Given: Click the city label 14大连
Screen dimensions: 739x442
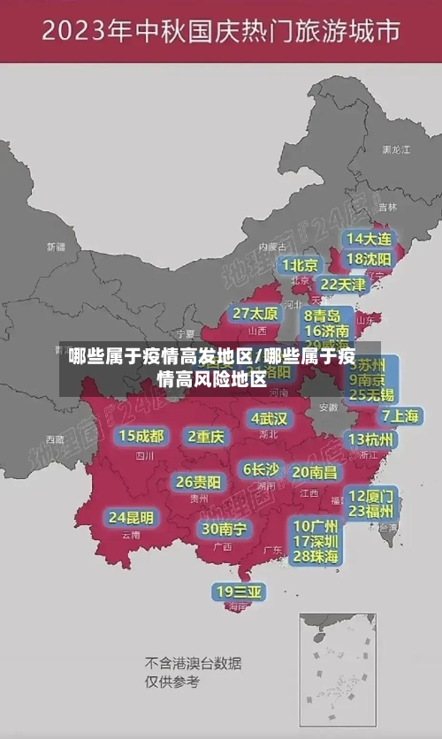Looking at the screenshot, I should click(x=369, y=240).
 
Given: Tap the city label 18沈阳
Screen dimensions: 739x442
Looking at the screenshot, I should click(x=369, y=259).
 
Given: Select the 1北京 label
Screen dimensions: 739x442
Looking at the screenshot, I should click(x=301, y=265).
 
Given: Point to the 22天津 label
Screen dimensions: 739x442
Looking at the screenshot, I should click(x=342, y=285).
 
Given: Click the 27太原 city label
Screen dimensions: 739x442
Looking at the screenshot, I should click(x=255, y=314).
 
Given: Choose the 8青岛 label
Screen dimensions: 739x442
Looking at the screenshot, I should click(x=323, y=316).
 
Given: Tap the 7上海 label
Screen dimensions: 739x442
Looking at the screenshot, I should click(x=400, y=415).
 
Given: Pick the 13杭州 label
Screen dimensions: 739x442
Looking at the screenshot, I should click(x=372, y=439).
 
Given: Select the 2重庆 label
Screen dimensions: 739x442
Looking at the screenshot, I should click(x=206, y=436).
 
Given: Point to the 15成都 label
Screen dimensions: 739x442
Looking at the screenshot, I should click(x=141, y=436).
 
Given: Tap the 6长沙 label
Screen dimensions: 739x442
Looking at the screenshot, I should click(x=261, y=469).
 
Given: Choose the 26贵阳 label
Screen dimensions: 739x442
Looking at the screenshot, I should click(x=198, y=483).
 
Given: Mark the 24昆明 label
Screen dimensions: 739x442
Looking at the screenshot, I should click(x=131, y=517).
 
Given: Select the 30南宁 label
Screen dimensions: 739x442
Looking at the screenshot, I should click(x=224, y=529).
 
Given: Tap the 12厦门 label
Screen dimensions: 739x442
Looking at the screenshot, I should click(x=371, y=495).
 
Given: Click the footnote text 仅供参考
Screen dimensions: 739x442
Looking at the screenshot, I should click(x=172, y=682).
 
